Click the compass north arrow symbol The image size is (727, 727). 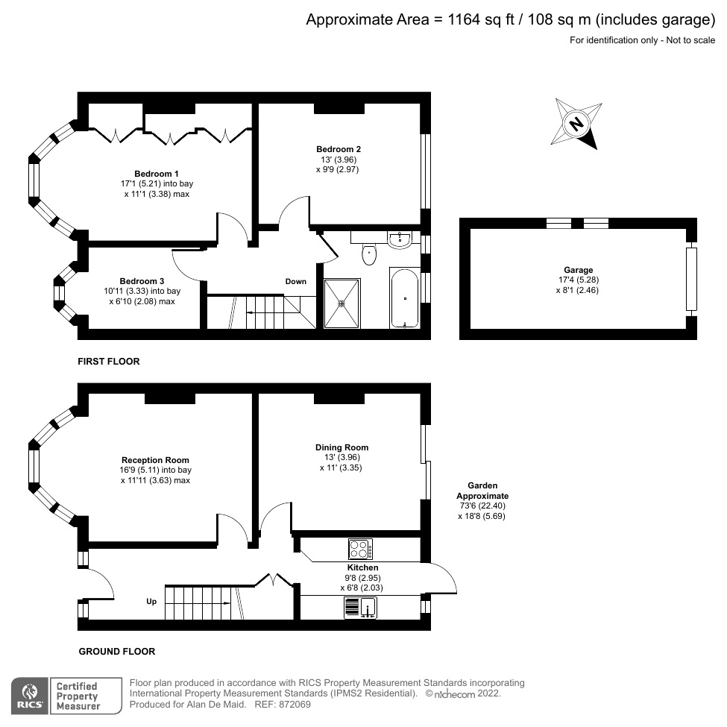coord(576,124)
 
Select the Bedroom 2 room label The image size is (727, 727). coord(338,149)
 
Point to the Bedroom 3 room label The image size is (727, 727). coord(141,281)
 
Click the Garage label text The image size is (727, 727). coord(578,270)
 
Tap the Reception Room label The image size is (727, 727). coord(155,460)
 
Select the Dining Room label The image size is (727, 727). coord(342,447)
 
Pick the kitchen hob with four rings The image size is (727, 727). coord(360,550)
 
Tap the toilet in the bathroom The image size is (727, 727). coord(368,256)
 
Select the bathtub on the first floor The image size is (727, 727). coord(404,298)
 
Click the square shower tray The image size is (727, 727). coord(342,303)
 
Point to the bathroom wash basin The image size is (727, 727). coord(400,239)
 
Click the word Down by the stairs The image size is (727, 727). coord(296,282)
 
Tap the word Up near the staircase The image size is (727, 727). coord(151,601)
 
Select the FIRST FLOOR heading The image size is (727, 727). coord(109,362)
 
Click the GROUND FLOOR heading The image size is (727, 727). coord(117,652)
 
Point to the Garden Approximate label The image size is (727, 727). coord(482,491)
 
